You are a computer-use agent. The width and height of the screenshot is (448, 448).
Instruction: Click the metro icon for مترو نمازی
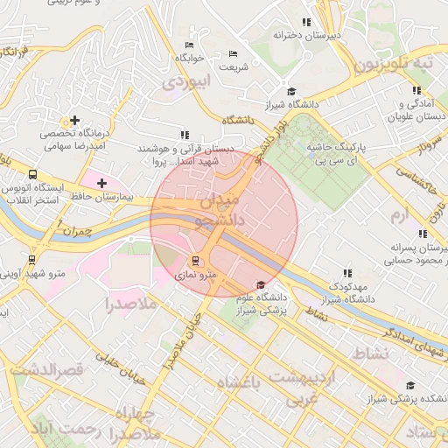click(195, 260)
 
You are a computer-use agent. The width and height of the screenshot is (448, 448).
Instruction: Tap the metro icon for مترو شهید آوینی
click(32, 260)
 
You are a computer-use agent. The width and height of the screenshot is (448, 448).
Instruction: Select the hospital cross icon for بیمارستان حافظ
click(103, 183)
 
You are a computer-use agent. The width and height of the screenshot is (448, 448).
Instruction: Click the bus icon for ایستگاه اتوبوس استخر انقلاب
click(32, 174)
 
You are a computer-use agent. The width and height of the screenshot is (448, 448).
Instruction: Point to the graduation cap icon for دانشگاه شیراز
click(291, 91)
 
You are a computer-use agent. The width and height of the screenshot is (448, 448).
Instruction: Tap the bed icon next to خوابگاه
click(189, 45)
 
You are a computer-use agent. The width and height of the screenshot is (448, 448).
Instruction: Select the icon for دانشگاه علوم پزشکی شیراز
click(260, 285)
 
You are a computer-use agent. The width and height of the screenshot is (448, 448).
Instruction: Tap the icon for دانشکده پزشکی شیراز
click(410, 386)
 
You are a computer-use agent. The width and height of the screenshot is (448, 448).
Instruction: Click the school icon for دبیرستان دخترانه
click(305, 22)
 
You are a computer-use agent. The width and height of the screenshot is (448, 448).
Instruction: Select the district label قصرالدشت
click(49, 370)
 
